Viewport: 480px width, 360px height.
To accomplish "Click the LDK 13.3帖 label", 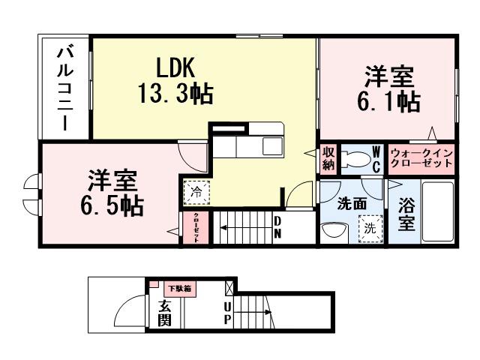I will click(175, 81).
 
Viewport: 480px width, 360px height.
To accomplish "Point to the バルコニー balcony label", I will click(65, 88).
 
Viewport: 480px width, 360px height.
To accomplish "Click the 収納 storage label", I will click(329, 158).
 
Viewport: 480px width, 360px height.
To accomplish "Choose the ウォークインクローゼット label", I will click(421, 159).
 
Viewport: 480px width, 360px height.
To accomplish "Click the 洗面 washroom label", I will click(351, 202).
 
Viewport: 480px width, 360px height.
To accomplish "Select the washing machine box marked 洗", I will click(370, 226).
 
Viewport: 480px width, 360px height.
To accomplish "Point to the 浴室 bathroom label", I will click(406, 214).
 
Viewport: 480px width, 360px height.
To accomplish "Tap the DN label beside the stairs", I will click(277, 226).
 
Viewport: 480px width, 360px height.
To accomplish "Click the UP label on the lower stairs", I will click(226, 313).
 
